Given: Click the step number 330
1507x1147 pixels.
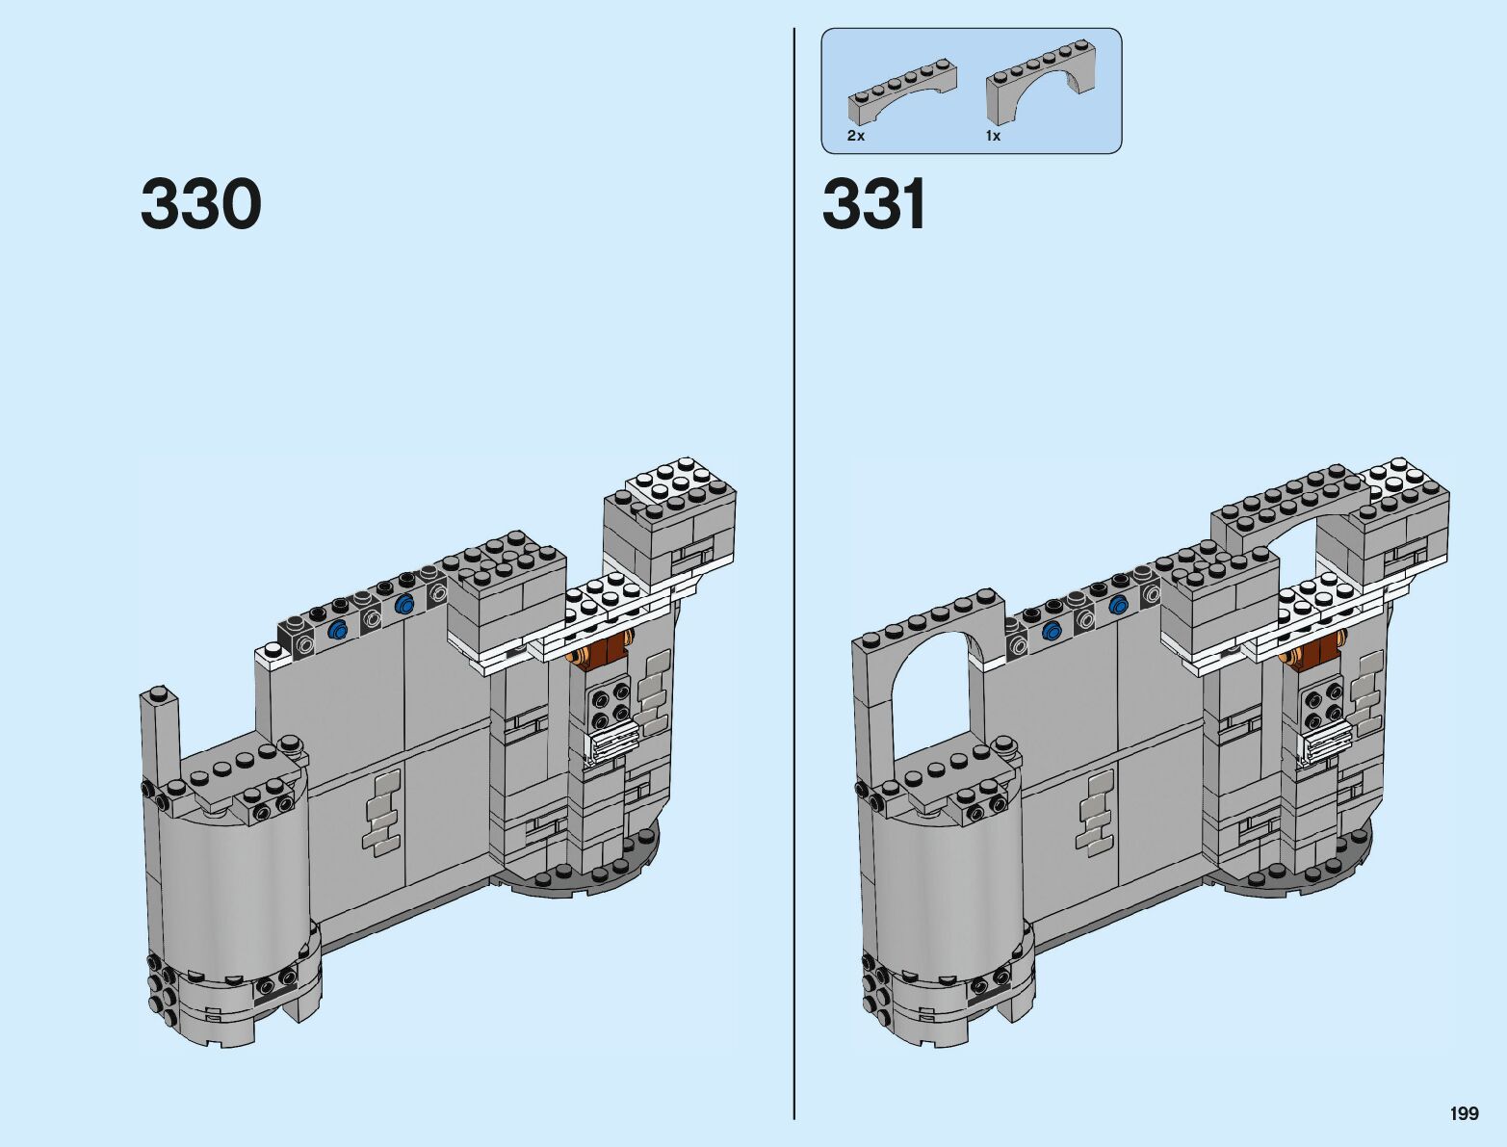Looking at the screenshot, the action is pos(200,204).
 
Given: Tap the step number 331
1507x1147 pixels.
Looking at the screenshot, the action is pos(873,204).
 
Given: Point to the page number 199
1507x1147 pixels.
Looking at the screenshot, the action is pos(1464,1112).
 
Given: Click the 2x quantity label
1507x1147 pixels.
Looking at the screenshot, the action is pos(855,136).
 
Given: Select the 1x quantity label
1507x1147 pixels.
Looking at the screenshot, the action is pos(993,136).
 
